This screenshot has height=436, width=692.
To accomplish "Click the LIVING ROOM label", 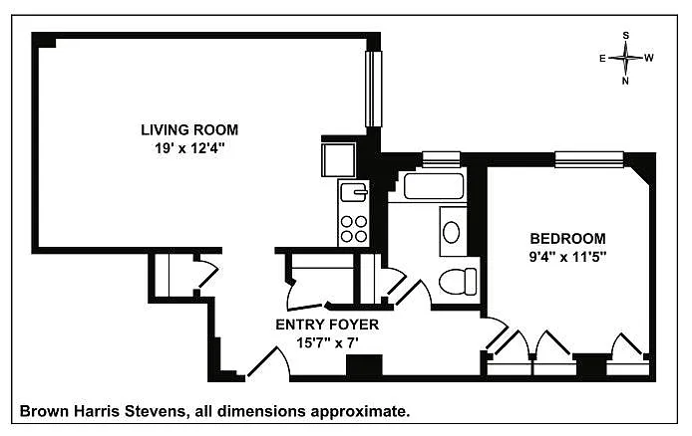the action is coord(189,130).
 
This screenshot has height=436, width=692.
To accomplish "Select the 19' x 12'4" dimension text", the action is coord(189,148).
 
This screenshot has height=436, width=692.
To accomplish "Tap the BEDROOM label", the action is coord(567,239).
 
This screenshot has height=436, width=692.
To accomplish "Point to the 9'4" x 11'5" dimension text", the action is coord(567,257).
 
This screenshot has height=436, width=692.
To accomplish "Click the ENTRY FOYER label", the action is coord(327,325).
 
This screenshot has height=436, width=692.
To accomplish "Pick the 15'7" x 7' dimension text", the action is coord(327,342).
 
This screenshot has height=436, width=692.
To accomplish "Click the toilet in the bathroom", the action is coord(458,282).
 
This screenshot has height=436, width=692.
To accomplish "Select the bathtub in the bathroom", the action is coord(434,186).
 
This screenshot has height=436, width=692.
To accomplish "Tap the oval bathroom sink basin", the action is coord(451,232).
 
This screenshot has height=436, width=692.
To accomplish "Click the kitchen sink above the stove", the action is coord(354,191).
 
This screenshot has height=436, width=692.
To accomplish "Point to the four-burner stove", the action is coord(354,229).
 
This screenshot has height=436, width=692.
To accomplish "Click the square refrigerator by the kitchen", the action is coord(338,160).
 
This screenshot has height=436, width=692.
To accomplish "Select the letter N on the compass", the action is coord(625,81).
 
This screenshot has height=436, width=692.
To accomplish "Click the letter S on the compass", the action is coord(626,35).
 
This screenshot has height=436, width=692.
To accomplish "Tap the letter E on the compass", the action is coord(602,58).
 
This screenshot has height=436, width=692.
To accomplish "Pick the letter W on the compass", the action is coord(649,58).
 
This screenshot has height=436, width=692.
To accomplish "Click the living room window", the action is coord(373,89).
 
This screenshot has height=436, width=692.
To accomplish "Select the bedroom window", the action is coord(589,159).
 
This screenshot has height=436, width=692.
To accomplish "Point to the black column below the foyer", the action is coord(364,365).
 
